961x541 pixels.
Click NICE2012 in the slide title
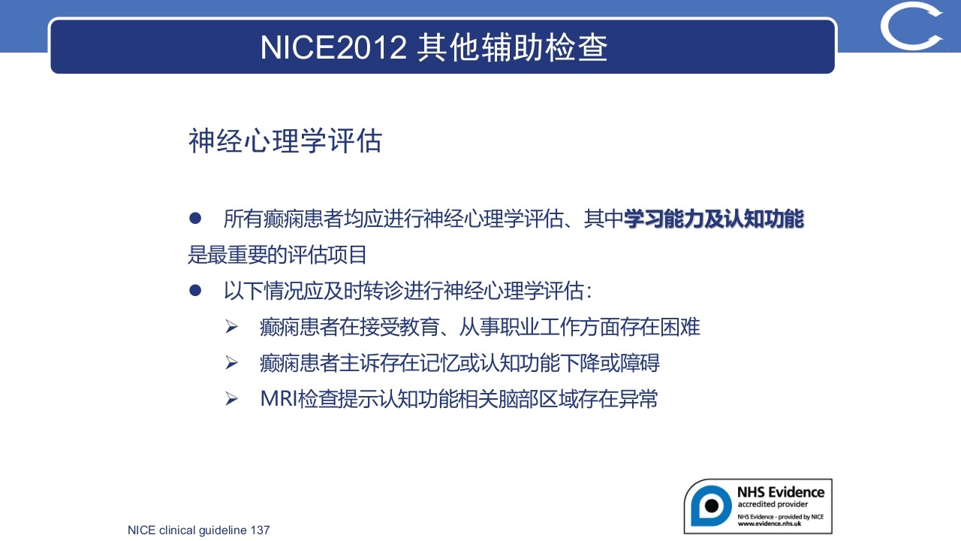pyautogui.click(x=333, y=47)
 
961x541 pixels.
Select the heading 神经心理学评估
pyautogui.click(x=285, y=141)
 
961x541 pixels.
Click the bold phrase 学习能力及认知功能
pyautogui.click(x=713, y=219)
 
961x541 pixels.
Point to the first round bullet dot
pyautogui.click(x=195, y=219)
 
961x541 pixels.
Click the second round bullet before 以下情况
pyautogui.click(x=195, y=290)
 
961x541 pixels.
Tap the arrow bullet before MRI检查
pyautogui.click(x=231, y=399)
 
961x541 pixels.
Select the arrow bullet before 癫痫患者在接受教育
pyautogui.click(x=231, y=327)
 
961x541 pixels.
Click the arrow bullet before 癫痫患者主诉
pyautogui.click(x=231, y=363)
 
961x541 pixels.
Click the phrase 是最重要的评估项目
pyautogui.click(x=277, y=255)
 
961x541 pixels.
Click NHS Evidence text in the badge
pyautogui.click(x=780, y=492)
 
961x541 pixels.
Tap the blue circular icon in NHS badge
pyautogui.click(x=709, y=505)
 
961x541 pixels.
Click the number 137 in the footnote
pyautogui.click(x=260, y=530)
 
